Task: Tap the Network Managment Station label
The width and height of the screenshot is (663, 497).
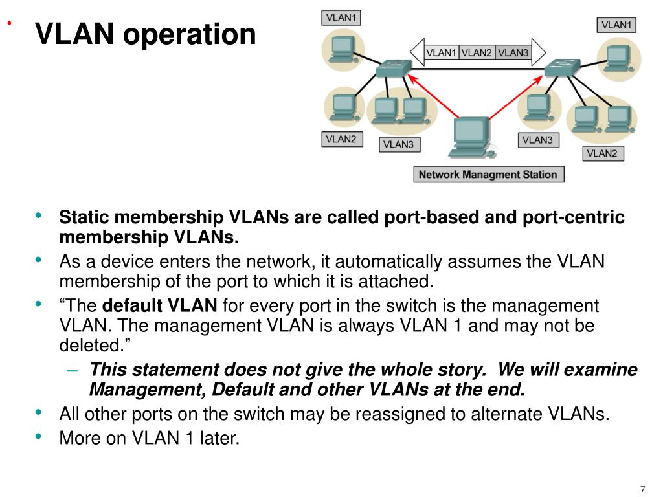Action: [488, 175]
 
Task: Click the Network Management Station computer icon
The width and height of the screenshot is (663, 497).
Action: [472, 138]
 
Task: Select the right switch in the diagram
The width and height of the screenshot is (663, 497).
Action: [563, 67]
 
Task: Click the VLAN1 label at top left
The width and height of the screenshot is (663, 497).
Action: [341, 17]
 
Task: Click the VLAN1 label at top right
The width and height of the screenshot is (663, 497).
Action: [616, 25]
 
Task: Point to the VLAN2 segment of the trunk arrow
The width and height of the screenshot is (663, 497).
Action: [477, 53]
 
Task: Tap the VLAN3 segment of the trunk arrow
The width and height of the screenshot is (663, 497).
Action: [513, 53]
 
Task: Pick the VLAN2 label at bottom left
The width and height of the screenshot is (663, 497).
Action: [342, 139]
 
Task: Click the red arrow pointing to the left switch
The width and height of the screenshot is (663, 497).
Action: [433, 96]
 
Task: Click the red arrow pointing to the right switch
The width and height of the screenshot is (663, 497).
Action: [516, 97]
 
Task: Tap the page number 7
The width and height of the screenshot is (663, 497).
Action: [643, 489]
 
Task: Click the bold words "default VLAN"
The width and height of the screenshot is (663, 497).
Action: [160, 305]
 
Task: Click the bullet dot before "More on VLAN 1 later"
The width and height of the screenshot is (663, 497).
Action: [38, 436]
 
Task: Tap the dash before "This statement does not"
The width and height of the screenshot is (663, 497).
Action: [73, 371]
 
